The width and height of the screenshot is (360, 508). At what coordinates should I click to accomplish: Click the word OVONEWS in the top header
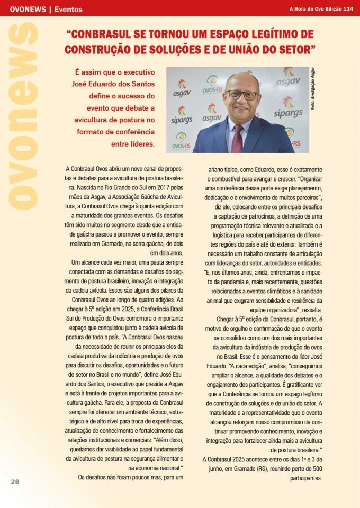click(x=25, y=9)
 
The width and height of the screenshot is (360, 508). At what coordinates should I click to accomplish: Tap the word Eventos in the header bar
click(x=69, y=9)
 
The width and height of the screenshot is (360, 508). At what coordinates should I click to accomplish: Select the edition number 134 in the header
click(x=348, y=9)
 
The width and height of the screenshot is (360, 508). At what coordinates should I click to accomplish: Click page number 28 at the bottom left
click(x=15, y=482)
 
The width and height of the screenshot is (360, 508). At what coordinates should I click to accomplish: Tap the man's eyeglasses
click(x=242, y=95)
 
